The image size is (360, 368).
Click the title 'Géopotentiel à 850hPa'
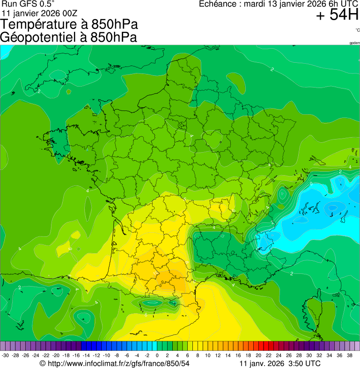pos(68,37)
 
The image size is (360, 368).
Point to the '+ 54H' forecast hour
pos(337,15)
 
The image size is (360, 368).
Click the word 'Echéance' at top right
pos(218,4)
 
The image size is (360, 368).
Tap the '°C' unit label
pos(357,30)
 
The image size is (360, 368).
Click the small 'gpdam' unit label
pos(354,43)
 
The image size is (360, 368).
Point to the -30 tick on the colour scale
pos(6,355)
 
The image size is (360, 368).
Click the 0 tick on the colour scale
pos(156,355)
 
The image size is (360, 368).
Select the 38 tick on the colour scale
pos(349,355)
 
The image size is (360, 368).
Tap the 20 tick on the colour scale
pos(258,355)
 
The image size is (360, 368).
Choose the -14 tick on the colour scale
pos(86,355)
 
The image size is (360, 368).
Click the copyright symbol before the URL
pos(43,363)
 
